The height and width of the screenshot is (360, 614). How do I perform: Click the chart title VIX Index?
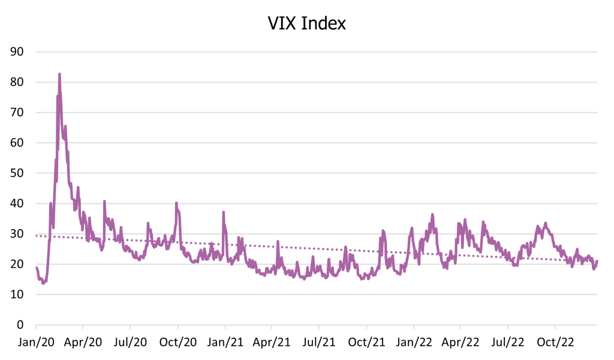[x=306, y=23]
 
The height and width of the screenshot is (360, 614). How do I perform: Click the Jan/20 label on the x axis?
[x=36, y=344]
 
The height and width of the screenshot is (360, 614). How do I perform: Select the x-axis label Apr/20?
[x=83, y=344]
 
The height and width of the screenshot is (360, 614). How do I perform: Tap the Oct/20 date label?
[x=177, y=344]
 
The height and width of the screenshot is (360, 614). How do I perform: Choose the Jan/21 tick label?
[x=225, y=344]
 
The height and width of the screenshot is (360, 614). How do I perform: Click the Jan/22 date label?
[x=413, y=344]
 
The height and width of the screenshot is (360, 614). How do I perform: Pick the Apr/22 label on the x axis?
[x=460, y=344]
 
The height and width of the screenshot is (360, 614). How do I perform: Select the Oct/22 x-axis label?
[x=555, y=344]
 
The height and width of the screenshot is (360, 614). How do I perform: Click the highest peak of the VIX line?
[x=59, y=74]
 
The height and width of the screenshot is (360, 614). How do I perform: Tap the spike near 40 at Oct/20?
[x=176, y=203]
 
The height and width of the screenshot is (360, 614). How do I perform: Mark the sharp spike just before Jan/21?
[x=223, y=212]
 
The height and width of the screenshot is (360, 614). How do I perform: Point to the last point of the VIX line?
[x=597, y=260]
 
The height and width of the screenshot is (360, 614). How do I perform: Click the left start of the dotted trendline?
[x=37, y=236]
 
